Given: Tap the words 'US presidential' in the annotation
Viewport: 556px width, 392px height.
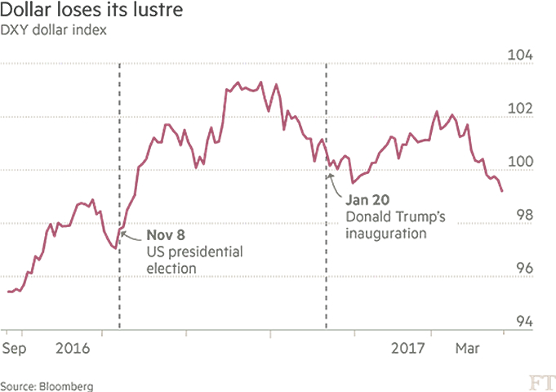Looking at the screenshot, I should [194, 252].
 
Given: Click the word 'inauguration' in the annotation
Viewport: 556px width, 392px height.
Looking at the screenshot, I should [386, 234].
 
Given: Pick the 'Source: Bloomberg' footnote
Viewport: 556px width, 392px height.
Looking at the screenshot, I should [47, 385].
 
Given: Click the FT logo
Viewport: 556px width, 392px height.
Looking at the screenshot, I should [540, 381].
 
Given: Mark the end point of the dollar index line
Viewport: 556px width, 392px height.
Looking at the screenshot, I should [502, 191].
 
